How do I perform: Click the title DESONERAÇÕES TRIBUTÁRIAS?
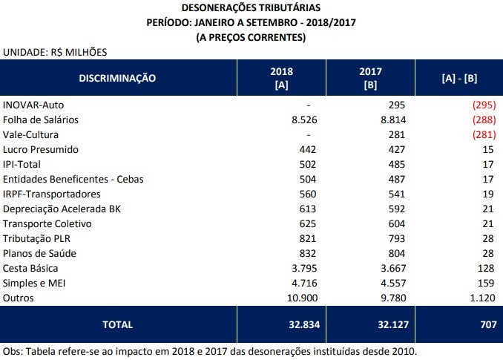coord(251,7)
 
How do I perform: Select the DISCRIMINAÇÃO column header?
coord(117,78)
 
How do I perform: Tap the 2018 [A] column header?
coord(283,78)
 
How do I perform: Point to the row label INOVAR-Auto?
coord(34,105)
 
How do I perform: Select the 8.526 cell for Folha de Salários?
coord(301,120)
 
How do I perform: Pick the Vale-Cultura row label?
coord(30,135)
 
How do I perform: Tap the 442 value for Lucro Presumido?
coord(307,150)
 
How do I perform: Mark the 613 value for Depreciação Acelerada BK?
coord(307,209)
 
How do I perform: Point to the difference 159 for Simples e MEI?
coord(486,283)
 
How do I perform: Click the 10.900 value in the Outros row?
coord(298,298)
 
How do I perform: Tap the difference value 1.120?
coord(481,298)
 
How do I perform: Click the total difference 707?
coord(485,324)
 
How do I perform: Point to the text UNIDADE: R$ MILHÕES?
coord(55,53)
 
